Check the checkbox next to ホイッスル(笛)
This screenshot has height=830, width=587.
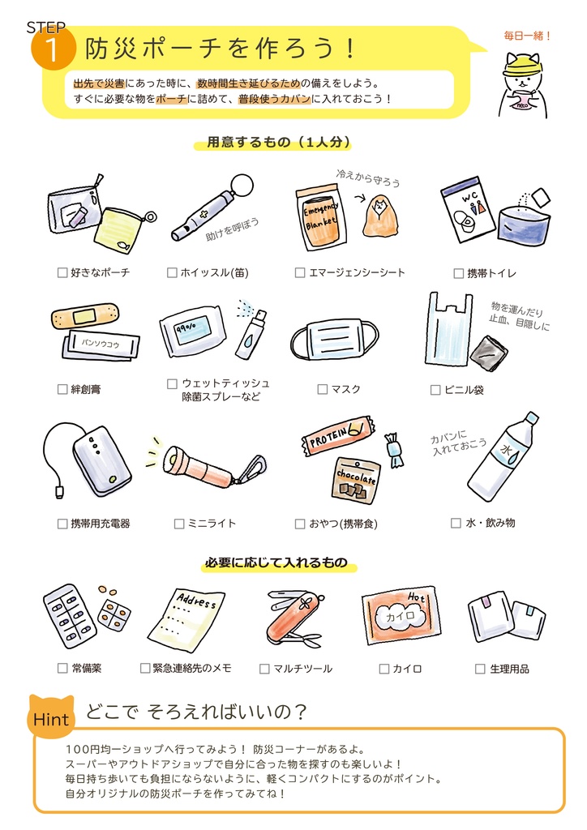(x=172, y=272)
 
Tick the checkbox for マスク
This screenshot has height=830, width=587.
(x=323, y=389)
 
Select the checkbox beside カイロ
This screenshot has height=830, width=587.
(x=384, y=669)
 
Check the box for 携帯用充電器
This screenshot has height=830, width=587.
(x=62, y=524)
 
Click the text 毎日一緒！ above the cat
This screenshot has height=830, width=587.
(x=527, y=36)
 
